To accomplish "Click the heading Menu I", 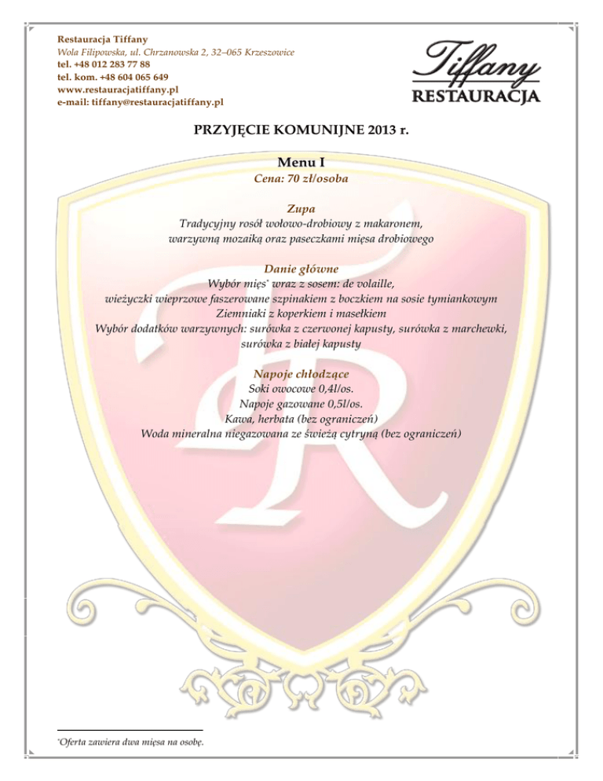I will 301,163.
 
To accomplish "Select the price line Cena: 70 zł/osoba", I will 301,179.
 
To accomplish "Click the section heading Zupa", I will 301,208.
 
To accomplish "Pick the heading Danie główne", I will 301,269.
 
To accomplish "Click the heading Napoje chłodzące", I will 301,374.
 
